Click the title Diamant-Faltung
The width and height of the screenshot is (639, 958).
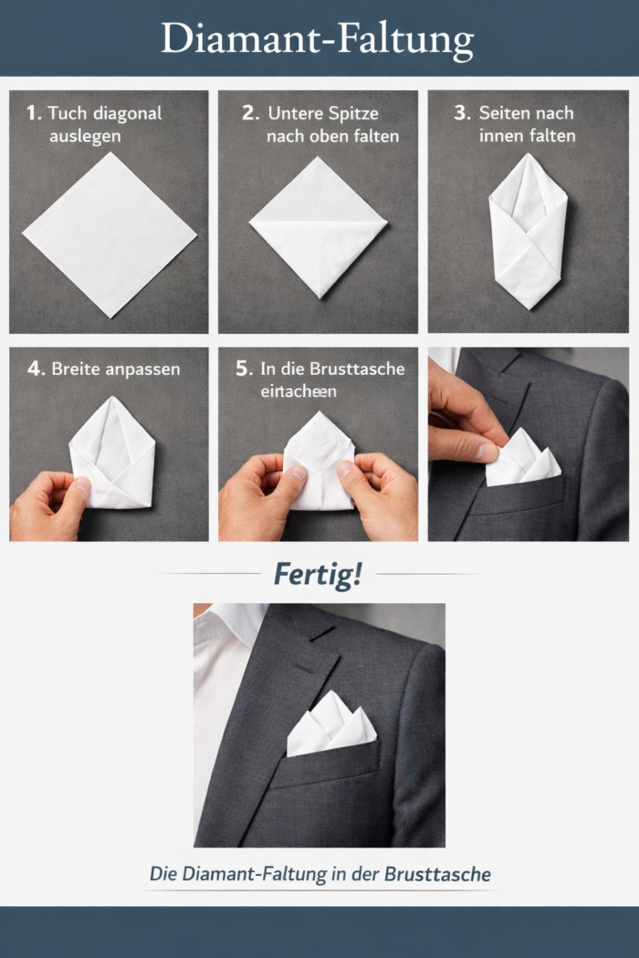pos(318,39)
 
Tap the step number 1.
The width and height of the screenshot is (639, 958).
pos(33,113)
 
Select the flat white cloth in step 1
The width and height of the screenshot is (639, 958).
pos(109,234)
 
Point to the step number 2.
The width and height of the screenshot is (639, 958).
pos(249,113)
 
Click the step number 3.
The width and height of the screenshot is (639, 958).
pos(462,113)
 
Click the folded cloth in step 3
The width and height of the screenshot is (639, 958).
pos(527,233)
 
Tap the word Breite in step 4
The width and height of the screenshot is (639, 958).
pos(77,370)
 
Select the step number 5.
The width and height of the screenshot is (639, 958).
pos(243,369)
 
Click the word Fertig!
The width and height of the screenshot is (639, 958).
pos(318,574)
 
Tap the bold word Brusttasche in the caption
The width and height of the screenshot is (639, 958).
pos(437,873)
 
